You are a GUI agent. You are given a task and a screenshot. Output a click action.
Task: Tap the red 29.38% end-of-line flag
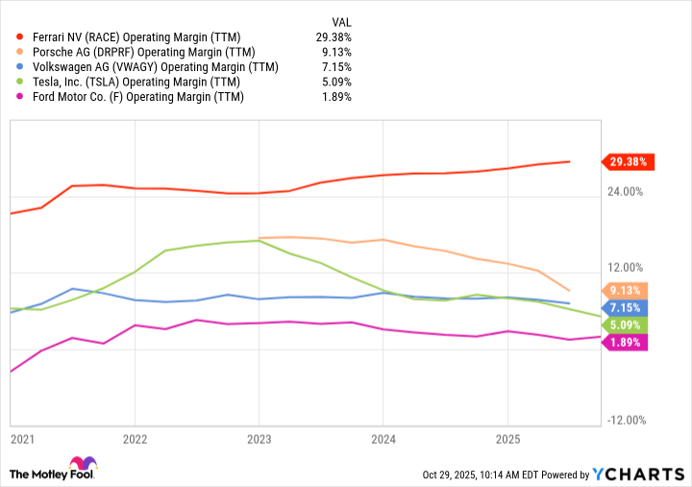coord(627,161)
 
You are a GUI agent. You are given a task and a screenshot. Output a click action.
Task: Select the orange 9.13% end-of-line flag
coord(627,290)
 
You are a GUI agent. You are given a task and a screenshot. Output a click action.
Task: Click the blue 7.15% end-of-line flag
coord(627,307)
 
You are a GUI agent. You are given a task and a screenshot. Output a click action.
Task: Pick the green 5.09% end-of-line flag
coord(627,325)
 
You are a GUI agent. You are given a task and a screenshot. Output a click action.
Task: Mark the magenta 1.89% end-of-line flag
coord(627,342)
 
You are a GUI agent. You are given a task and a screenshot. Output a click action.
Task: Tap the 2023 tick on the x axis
coord(259,439)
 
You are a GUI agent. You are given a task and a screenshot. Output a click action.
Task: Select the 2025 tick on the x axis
coord(507,439)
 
